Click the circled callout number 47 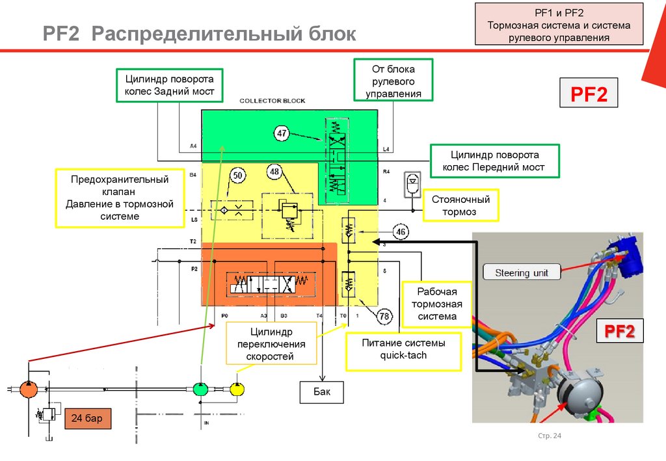pos(281,134)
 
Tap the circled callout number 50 pos(237,176)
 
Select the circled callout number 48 pos(275,172)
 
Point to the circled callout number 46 pos(402,231)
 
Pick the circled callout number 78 pos(384,316)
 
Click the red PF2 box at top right pos(589,94)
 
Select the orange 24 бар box pos(87,417)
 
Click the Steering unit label pos(522,272)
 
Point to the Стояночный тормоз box pos(460,205)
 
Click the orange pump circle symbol pos(29,389)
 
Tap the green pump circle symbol pos(201,389)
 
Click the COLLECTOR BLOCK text pos(272,101)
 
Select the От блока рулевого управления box pos(393,81)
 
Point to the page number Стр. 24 pos(550,436)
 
